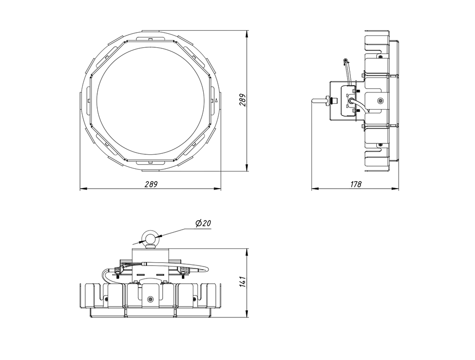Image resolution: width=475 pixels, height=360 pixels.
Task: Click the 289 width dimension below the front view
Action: pyautogui.click(x=151, y=184)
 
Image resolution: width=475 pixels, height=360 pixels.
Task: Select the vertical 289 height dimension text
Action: pyautogui.click(x=243, y=100)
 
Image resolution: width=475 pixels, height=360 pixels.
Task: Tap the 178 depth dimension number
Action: pyautogui.click(x=356, y=184)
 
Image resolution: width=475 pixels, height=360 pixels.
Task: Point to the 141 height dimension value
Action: pyautogui.click(x=243, y=282)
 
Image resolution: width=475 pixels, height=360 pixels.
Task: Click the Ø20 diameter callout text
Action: pyautogui.click(x=203, y=223)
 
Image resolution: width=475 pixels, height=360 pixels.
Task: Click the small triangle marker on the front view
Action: pyautogui.click(x=216, y=101)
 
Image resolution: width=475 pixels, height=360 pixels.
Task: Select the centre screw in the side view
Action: pyautogui.click(x=380, y=101)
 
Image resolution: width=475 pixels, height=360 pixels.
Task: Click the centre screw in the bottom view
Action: pyautogui.click(x=150, y=299)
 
